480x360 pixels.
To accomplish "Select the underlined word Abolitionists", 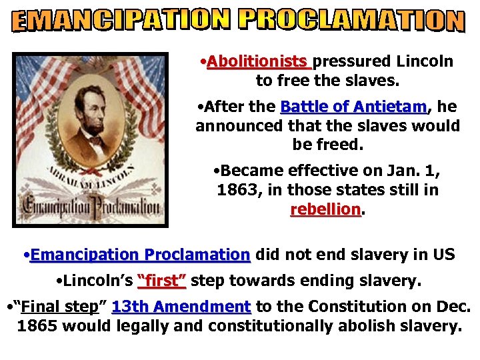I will tap(259, 62).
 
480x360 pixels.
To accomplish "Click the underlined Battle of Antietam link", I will tap(353, 107).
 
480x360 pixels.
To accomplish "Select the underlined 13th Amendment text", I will tap(181, 307).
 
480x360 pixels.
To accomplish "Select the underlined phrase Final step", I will tap(59, 307).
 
